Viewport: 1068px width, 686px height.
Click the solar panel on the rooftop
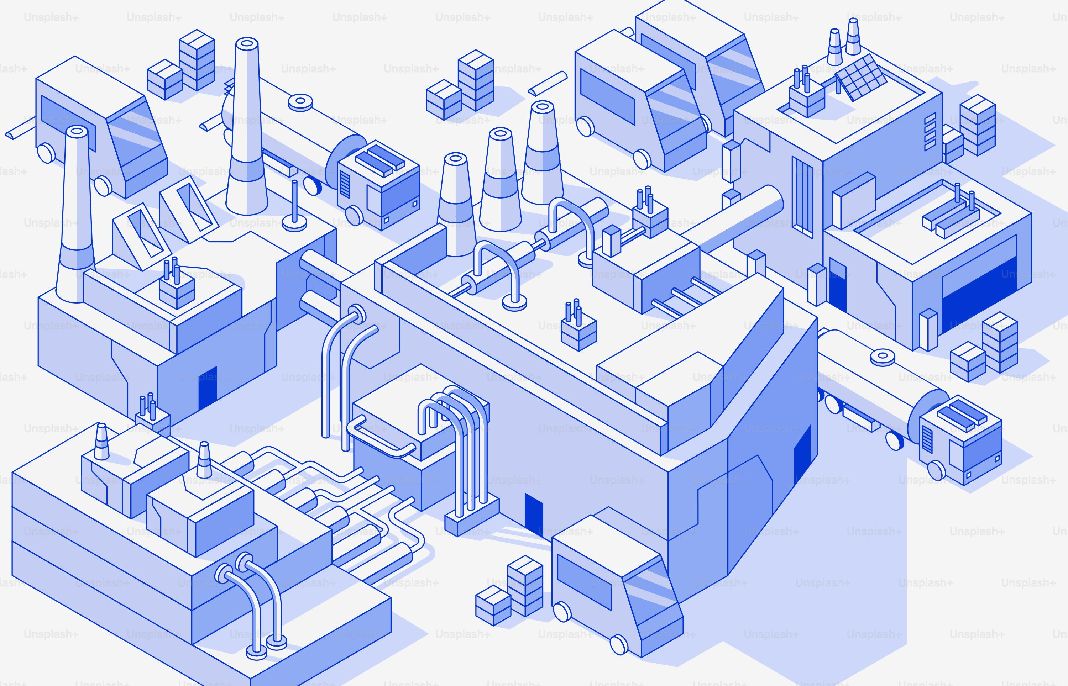861,78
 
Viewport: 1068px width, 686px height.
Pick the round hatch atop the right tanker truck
882,357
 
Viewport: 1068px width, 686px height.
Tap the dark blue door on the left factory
208,387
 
